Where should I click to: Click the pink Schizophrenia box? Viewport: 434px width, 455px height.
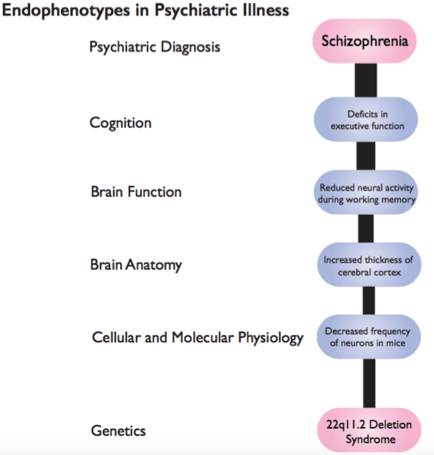364,41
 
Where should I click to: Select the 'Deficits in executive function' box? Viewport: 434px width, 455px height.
366,120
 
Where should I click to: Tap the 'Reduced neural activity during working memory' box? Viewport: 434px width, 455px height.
366,193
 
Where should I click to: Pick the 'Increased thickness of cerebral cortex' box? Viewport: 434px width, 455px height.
369,265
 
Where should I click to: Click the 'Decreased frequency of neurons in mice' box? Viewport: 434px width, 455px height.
368,337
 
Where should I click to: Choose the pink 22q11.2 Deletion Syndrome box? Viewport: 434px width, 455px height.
369,431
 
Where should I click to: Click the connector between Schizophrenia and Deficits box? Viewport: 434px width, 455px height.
366,80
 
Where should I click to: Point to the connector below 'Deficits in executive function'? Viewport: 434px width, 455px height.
366,156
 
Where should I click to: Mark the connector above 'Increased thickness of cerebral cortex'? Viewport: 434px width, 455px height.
366,228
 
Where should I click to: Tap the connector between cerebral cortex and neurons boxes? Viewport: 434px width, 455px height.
369,301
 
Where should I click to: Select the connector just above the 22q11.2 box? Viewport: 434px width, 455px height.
369,383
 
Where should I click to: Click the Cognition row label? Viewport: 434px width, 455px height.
121,123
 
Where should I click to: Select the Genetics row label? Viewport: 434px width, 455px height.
118,431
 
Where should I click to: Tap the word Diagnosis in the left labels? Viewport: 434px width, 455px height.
190,47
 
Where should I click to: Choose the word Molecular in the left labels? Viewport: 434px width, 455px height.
202,337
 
